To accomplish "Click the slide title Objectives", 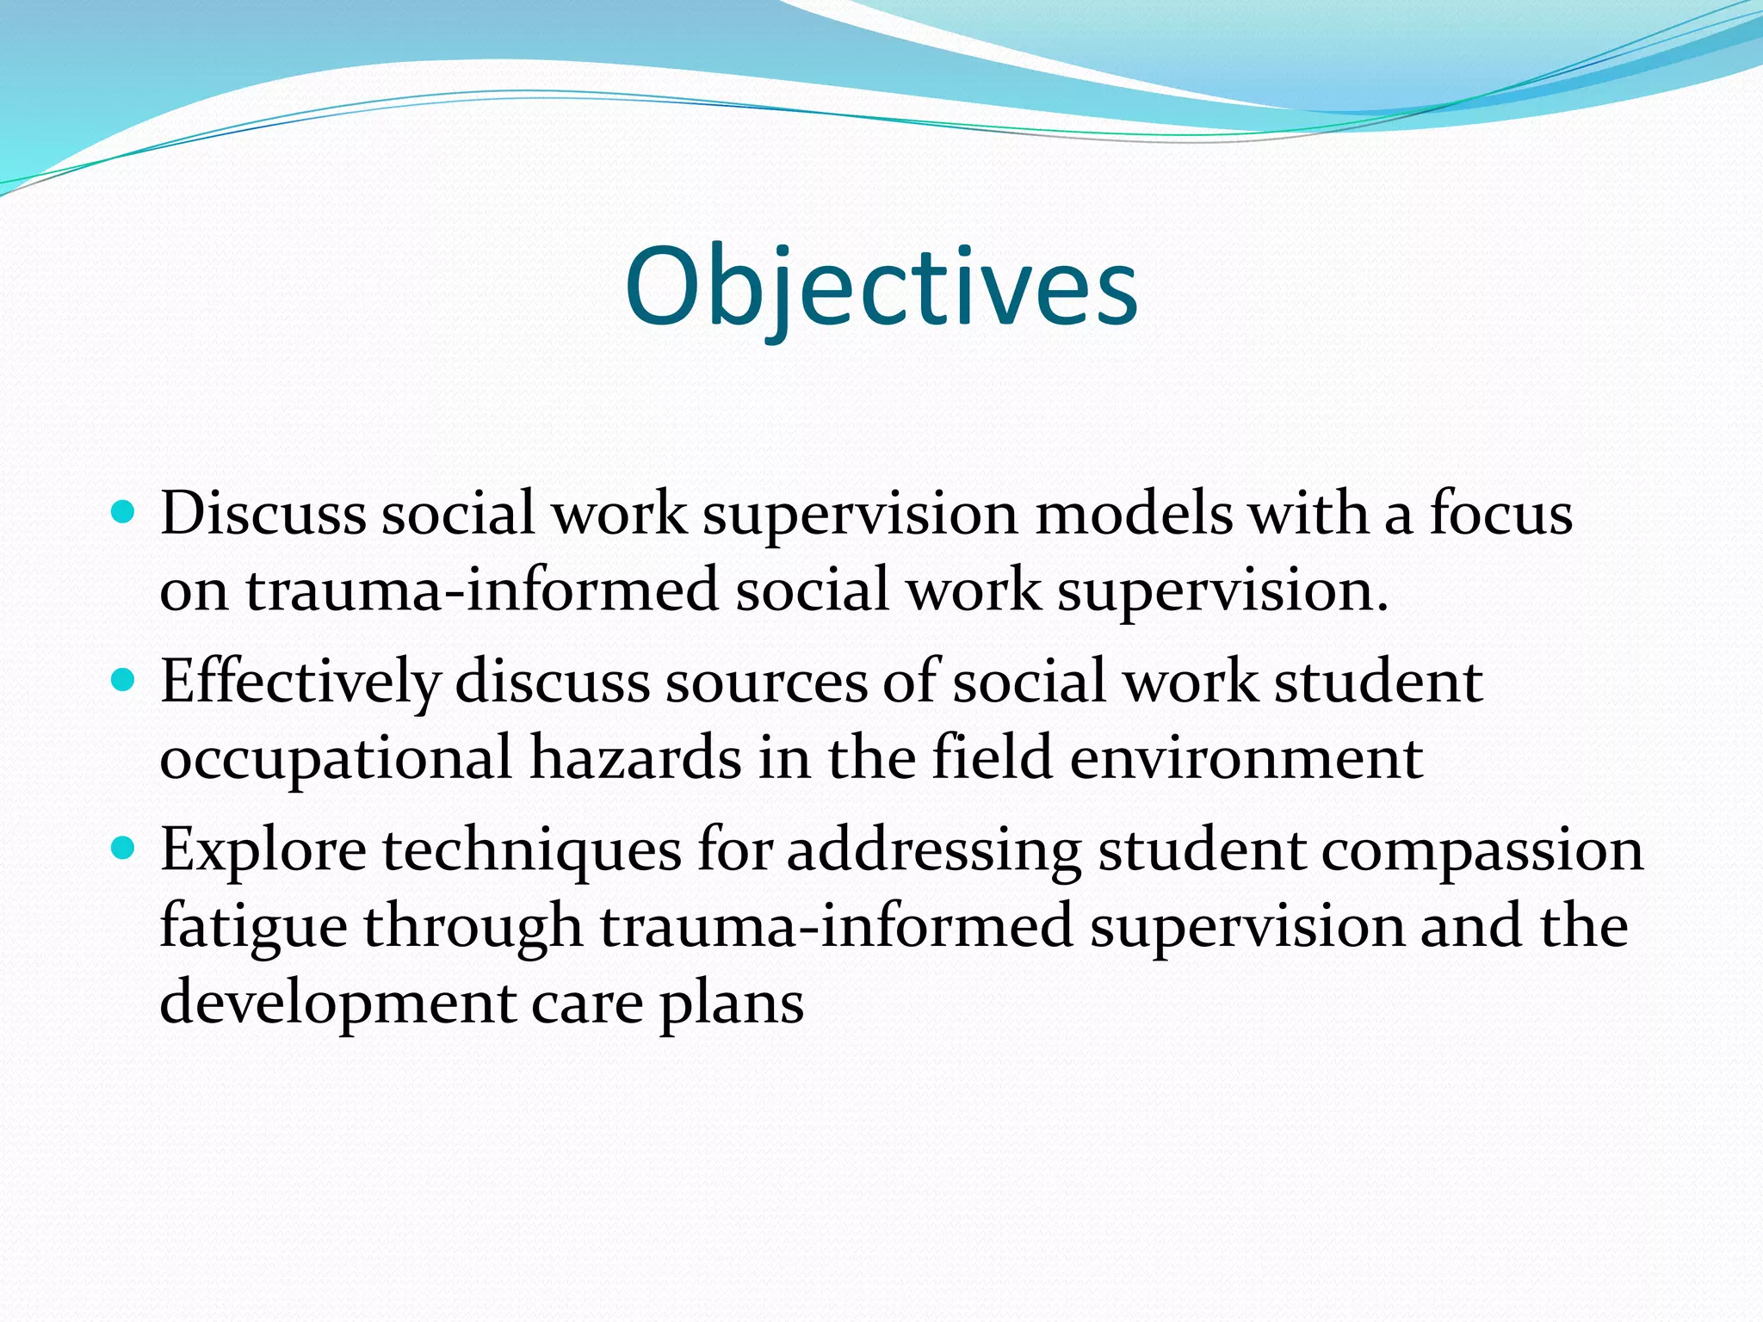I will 881,287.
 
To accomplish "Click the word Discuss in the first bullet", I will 263,514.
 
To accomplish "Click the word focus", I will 1501,514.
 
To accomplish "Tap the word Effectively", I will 300,683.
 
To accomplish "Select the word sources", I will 766,683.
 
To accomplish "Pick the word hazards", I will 635,759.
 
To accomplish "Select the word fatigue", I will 253,928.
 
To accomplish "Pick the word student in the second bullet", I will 1377,683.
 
